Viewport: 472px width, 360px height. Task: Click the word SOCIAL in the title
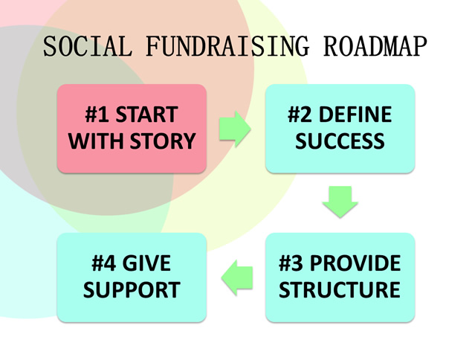[88, 46]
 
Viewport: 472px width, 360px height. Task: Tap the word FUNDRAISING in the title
[227, 46]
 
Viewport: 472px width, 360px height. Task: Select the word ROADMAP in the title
[375, 46]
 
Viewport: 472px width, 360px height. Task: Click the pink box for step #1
[132, 129]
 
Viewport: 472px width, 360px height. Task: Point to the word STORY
[163, 141]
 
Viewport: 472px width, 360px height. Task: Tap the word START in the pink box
[147, 115]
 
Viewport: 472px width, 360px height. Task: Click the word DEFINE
[355, 115]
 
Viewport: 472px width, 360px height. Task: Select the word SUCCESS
[340, 141]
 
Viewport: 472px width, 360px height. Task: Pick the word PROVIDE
[355, 263]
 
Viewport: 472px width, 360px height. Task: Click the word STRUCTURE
[340, 289]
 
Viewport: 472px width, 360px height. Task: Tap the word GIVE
[146, 263]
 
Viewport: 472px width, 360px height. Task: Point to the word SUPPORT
[132, 289]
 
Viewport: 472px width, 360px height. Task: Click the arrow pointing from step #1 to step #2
[235, 129]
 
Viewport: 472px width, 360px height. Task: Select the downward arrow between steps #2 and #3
[340, 202]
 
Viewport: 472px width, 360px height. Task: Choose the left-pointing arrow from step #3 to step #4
[237, 277]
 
